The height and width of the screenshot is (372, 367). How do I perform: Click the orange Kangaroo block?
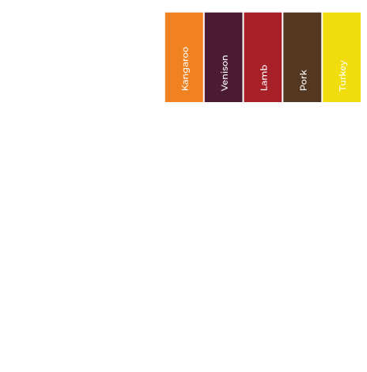pos(184,57)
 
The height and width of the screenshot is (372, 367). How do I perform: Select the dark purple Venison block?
pos(224,57)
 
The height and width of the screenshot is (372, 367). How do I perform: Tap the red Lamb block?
pos(263,57)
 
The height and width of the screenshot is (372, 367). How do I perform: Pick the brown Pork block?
pos(302,57)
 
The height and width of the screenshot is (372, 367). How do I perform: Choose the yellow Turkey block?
pos(342,57)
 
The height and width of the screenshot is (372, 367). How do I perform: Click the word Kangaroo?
pos(186,69)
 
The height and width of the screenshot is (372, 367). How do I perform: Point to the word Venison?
pos(225,73)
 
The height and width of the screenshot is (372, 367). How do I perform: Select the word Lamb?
pos(263,78)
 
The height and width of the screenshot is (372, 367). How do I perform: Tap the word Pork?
pos(303,80)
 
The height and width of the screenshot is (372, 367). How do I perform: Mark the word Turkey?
pos(343,76)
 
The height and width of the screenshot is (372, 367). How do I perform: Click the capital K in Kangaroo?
pos(185,88)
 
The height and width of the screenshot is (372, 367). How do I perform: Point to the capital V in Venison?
pos(225,88)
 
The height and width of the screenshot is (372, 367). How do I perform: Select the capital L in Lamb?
pos(263,88)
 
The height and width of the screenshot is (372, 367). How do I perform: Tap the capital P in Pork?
pos(303,88)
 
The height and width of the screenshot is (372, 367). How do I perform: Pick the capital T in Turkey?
pos(342,88)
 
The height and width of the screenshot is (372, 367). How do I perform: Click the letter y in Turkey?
pos(344,63)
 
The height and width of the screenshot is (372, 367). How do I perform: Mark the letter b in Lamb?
pos(263,67)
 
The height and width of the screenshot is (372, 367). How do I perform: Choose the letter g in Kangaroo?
pos(187,70)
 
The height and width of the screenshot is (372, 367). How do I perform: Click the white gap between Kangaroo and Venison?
pos(204,57)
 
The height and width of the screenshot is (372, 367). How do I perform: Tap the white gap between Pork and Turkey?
pos(322,57)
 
